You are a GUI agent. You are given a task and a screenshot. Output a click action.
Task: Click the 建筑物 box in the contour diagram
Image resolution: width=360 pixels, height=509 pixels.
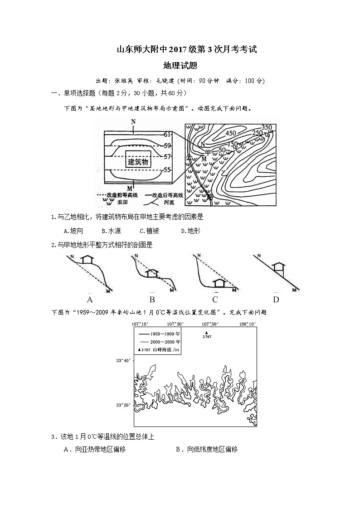tap(138, 162)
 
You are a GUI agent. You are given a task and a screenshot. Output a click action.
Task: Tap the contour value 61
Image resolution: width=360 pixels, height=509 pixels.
tap(167, 135)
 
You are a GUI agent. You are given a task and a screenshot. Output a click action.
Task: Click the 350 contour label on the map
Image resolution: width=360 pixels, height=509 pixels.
tap(267, 127)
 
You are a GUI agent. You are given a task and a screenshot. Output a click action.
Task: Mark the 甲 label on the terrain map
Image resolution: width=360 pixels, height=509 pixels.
tap(208, 151)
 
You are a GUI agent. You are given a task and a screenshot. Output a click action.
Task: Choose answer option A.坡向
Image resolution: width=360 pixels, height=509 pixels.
tap(73, 231)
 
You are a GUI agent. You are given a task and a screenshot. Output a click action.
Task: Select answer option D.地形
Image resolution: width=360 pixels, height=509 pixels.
tap(190, 231)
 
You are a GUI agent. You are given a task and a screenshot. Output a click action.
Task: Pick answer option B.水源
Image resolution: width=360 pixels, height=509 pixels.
tap(111, 231)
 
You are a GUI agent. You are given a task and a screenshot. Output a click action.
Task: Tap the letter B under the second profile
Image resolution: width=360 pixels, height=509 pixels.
tap(152, 300)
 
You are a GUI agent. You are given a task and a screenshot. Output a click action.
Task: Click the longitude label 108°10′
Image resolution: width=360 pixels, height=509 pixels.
tap(248, 324)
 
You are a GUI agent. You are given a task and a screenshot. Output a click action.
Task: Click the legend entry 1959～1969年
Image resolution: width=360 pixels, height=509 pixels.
tap(160, 334)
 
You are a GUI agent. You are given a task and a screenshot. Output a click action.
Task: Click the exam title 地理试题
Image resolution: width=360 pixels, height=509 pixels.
tap(180, 65)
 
